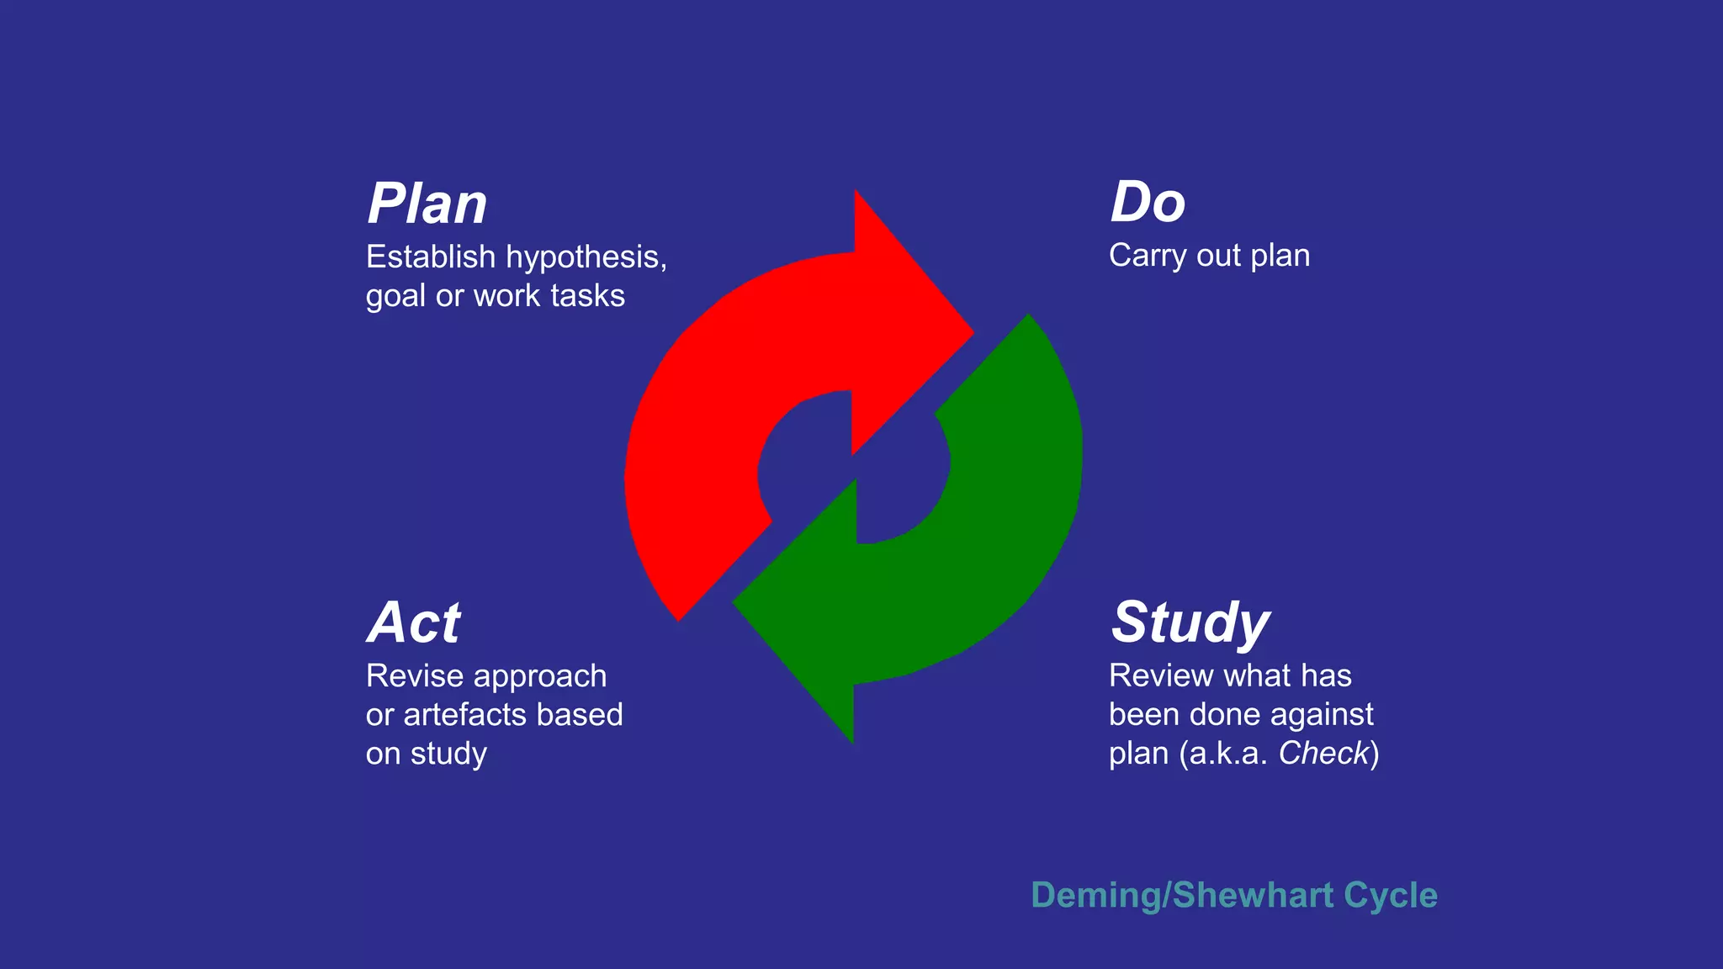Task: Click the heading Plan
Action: click(427, 204)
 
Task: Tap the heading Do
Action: click(1148, 202)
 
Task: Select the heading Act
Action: click(414, 622)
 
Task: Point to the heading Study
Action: click(1190, 622)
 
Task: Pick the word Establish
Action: click(431, 257)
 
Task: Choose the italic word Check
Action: click(1324, 754)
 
